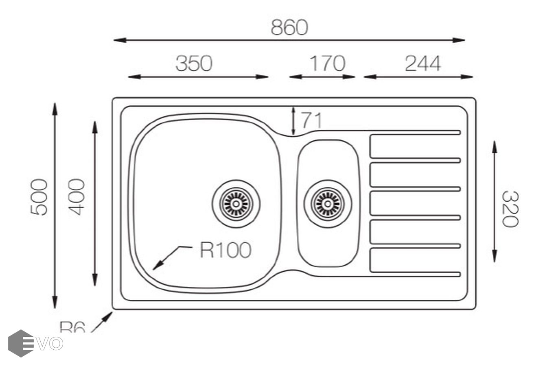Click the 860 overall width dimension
pos(289,28)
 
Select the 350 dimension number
pos(194,64)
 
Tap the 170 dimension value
pos(327,64)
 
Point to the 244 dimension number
pos(422,64)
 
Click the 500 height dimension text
pos(39,197)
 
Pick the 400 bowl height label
pos(77,197)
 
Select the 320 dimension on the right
pos(510,209)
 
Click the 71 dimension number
pos(311,120)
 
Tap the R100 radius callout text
pos(225,250)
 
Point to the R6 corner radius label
pos(72,327)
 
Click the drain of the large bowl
pos(236,203)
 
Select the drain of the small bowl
pos(328,203)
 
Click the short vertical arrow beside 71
pos(293,121)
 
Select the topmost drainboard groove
pos(415,133)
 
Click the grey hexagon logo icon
pos(20,343)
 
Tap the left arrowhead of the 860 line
pos(118,40)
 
